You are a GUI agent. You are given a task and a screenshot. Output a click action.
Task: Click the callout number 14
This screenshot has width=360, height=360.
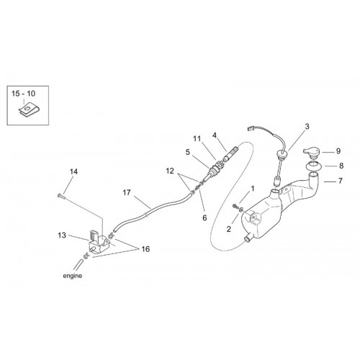click(x=73, y=171)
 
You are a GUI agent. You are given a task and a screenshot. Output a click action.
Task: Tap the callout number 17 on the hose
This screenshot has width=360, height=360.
click(x=127, y=192)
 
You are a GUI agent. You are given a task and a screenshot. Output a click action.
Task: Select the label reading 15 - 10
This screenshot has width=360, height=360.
click(x=24, y=94)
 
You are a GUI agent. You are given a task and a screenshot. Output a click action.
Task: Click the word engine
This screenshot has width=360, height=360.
click(x=73, y=276)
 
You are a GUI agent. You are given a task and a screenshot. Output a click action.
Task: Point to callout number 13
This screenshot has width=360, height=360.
click(x=62, y=235)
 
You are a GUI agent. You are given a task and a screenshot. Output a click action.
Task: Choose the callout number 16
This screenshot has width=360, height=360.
click(x=145, y=249)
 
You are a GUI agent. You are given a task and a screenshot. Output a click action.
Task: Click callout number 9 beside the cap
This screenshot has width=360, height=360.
click(x=338, y=151)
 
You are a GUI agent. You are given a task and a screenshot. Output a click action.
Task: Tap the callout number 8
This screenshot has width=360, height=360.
click(x=341, y=166)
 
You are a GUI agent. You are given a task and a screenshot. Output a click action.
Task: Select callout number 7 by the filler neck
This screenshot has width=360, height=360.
click(x=340, y=181)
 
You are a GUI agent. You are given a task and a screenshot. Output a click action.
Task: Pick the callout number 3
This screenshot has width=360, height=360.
click(x=307, y=127)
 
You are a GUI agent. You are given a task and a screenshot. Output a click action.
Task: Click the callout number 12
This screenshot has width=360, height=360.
click(x=170, y=171)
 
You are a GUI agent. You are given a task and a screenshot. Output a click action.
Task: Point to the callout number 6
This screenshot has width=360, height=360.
click(x=204, y=217)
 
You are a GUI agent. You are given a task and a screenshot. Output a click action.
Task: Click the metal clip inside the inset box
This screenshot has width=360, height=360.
click(x=27, y=111)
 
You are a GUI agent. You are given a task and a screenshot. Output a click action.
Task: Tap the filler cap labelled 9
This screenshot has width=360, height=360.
click(x=312, y=153)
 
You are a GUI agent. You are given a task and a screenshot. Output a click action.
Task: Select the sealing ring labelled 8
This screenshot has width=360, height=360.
click(x=313, y=166)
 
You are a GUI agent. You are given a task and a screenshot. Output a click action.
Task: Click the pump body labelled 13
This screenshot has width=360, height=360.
click(x=99, y=242)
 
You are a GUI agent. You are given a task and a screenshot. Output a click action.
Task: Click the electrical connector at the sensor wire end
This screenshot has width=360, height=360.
click(x=251, y=129)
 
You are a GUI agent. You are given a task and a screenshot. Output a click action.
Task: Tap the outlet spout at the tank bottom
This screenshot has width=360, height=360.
click(x=248, y=238)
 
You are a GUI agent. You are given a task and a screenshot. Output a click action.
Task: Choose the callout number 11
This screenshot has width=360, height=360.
click(x=197, y=139)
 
